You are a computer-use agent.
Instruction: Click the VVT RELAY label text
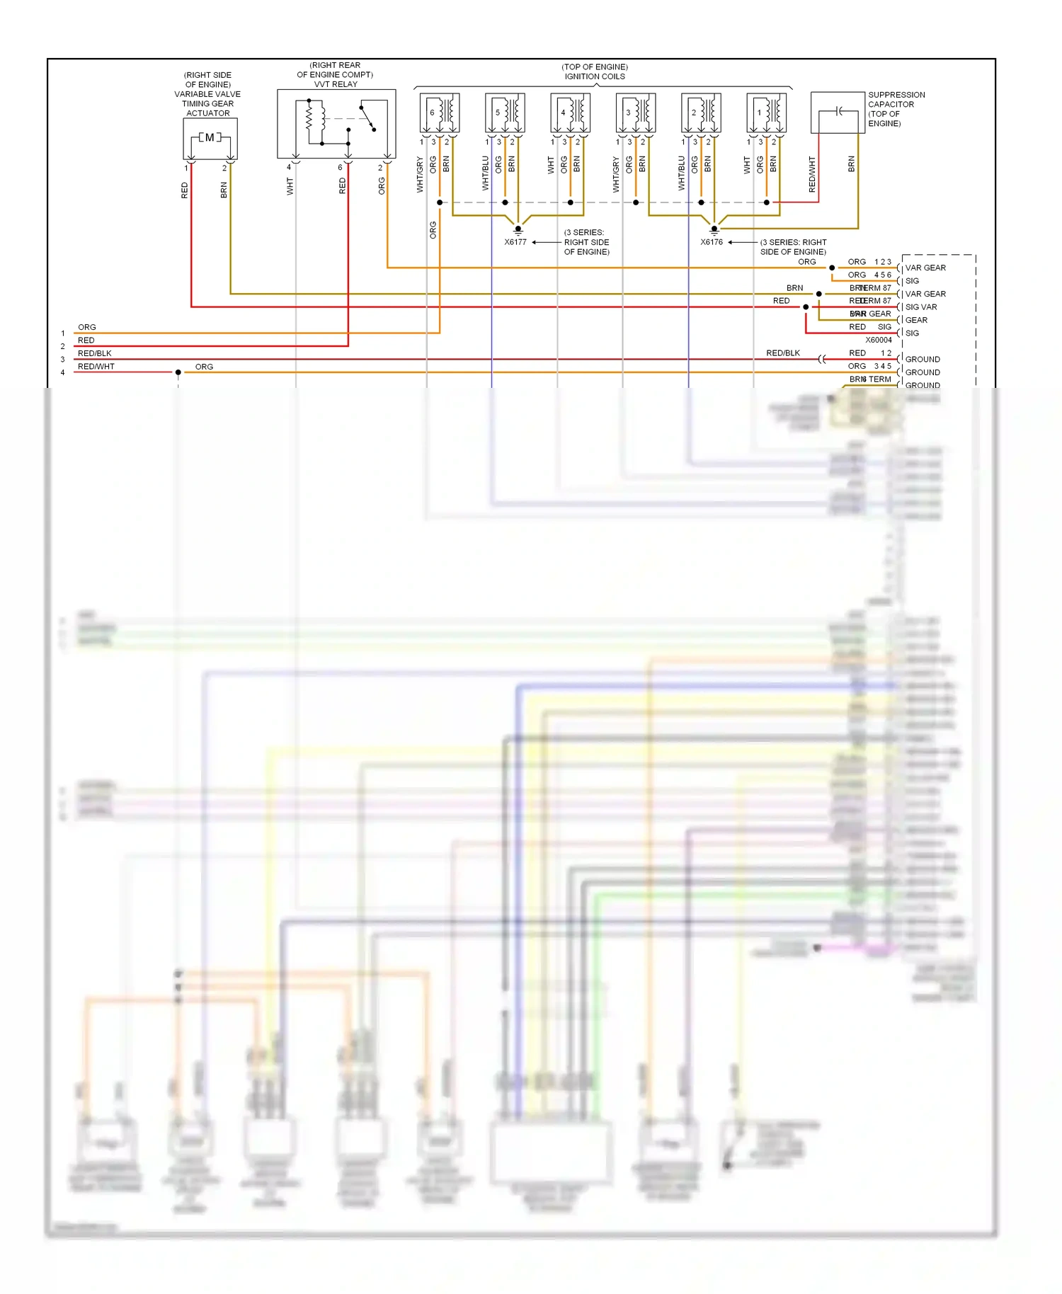(336, 84)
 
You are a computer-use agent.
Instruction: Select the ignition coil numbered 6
(440, 113)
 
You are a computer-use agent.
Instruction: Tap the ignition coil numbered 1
(767, 113)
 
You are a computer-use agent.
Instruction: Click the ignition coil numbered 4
(571, 113)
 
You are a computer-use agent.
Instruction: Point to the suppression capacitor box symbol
(838, 112)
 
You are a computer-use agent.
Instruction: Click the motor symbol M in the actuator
(210, 137)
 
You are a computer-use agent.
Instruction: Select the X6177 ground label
(515, 242)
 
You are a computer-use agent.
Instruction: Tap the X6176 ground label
(712, 242)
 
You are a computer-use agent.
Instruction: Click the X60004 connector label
(879, 340)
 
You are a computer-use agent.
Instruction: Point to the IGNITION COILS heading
(595, 76)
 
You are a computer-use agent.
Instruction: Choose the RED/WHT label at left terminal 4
(96, 367)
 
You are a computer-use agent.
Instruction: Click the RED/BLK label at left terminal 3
(95, 353)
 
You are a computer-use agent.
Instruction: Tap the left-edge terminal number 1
(63, 333)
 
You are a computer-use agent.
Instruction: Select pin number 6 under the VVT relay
(340, 168)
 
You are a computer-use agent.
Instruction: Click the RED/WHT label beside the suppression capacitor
(812, 175)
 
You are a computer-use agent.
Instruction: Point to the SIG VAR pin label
(921, 307)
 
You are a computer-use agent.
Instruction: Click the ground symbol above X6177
(518, 229)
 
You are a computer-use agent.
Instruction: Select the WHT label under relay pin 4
(290, 186)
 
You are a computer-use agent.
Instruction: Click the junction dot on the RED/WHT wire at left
(178, 372)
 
